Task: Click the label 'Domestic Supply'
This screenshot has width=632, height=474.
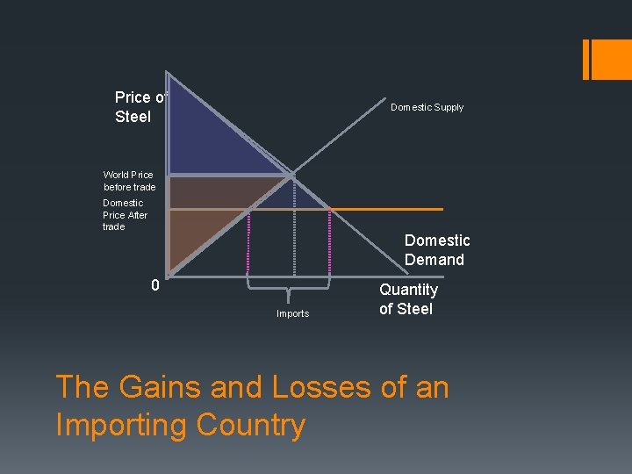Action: pos(427,107)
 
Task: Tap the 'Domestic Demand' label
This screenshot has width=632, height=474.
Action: pos(437,250)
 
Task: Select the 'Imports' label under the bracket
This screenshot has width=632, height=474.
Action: pos(292,313)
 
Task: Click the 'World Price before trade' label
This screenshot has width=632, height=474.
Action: pos(128,181)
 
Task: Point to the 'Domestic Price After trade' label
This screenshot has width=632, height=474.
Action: pos(125,215)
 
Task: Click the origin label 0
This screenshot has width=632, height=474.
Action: pos(154,285)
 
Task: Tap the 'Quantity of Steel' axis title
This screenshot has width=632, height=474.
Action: pos(408,298)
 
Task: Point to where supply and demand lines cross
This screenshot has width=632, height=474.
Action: pos(293,175)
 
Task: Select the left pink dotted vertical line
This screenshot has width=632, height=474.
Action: pos(250,241)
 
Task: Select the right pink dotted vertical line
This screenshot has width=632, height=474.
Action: pos(329,241)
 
